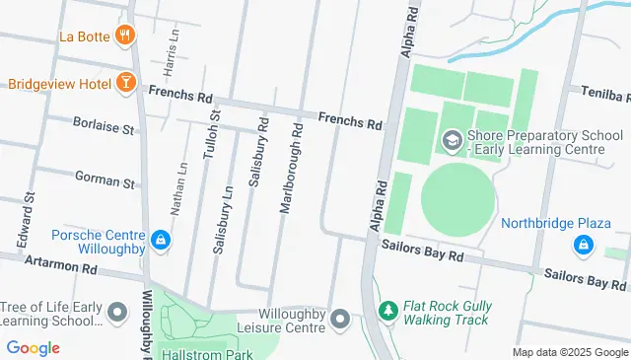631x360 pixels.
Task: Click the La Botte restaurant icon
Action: (x=125, y=36)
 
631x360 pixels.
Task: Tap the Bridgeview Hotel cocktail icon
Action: (x=125, y=83)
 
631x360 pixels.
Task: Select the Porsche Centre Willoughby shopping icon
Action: (x=160, y=240)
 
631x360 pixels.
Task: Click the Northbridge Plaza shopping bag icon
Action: (x=585, y=243)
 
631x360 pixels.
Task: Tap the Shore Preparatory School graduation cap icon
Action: (x=453, y=141)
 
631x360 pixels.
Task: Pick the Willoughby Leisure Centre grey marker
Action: (x=340, y=319)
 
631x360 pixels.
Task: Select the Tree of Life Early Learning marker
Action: (x=117, y=314)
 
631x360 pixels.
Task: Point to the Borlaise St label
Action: (x=103, y=126)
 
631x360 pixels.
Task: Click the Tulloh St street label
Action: (x=211, y=144)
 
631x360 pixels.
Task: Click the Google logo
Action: (x=33, y=347)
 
